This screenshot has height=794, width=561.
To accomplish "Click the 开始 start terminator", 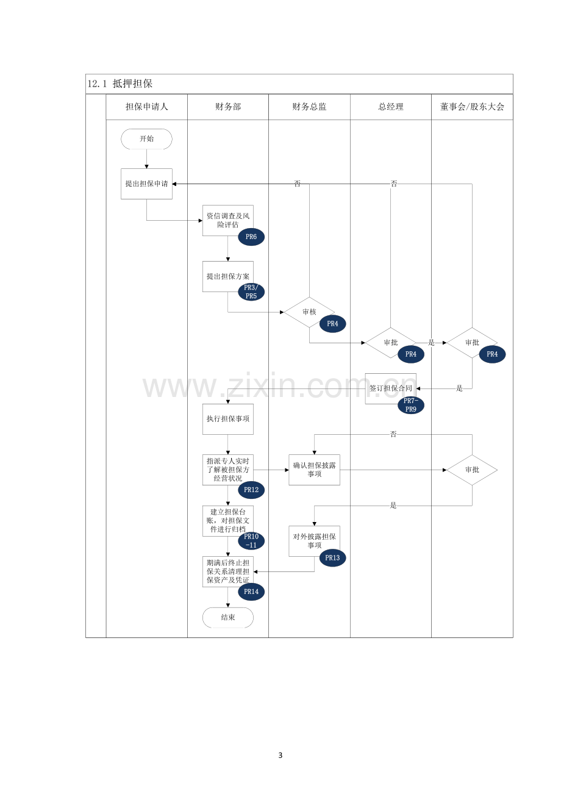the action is [x=146, y=139].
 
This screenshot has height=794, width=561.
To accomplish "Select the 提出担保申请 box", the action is [x=146, y=184].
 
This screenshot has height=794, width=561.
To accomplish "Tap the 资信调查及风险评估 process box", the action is [x=228, y=220].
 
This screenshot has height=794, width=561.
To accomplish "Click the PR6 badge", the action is [x=251, y=237].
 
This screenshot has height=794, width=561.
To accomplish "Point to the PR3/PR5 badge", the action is [x=251, y=291].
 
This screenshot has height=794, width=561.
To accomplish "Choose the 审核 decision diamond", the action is [x=309, y=312].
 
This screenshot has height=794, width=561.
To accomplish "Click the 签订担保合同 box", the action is [x=390, y=388].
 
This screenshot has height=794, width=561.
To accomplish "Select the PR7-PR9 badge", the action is [x=411, y=405].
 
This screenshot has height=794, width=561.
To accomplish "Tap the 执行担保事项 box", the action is [x=228, y=419].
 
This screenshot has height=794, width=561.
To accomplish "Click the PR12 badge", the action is [x=251, y=490].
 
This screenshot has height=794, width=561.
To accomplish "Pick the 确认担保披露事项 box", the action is [x=315, y=470].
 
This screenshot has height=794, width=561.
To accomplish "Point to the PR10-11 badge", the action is [x=251, y=541].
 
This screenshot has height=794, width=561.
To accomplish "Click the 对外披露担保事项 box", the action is [x=315, y=541].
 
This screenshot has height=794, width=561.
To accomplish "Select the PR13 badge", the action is [x=332, y=558].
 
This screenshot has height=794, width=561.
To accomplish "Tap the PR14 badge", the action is [x=251, y=592].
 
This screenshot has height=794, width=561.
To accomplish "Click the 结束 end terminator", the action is [x=228, y=618].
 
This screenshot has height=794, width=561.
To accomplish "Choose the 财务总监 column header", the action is [x=309, y=107].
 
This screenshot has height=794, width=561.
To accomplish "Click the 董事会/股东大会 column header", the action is [x=472, y=107].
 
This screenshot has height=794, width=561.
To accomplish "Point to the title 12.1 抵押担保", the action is [x=120, y=84].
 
